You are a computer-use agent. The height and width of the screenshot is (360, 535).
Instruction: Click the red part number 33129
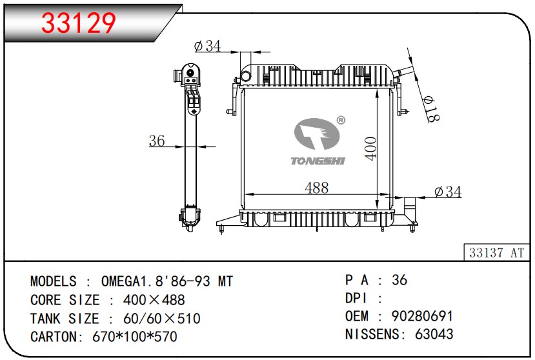click(x=79, y=23)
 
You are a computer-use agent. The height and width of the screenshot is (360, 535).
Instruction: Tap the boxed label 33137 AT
click(x=496, y=252)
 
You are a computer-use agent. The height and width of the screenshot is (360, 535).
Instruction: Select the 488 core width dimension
click(x=317, y=188)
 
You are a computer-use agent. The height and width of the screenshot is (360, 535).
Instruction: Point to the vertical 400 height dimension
click(x=371, y=148)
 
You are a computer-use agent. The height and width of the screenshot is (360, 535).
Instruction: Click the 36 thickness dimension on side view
click(x=157, y=141)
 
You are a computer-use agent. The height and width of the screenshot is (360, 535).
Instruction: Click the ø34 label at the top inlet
click(x=207, y=46)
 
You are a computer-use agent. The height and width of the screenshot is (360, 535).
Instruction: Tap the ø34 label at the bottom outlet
click(x=448, y=192)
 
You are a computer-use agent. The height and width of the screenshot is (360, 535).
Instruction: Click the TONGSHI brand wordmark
click(x=318, y=161)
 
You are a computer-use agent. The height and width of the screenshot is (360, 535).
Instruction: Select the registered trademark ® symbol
click(x=341, y=120)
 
